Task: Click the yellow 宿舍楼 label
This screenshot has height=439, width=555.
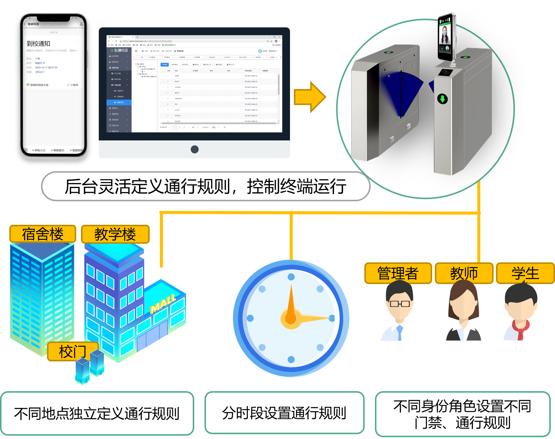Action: [x=42, y=234]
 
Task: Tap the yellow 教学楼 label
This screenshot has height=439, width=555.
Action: [x=115, y=234]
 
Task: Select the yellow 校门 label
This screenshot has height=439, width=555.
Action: [x=73, y=351]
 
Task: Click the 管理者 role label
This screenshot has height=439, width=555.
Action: [x=398, y=273]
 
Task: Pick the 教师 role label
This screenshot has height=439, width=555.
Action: [x=464, y=273]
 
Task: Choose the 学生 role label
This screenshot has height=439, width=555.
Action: [x=525, y=273]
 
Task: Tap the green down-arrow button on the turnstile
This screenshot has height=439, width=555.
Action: [x=442, y=99]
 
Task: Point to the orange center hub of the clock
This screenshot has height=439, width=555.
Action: [x=291, y=318]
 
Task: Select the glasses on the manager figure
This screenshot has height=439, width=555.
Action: [x=400, y=304]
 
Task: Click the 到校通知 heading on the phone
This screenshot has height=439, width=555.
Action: [x=39, y=44]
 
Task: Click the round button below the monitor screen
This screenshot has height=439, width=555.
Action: [x=195, y=149]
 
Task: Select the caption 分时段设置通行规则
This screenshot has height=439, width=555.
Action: [x=284, y=413]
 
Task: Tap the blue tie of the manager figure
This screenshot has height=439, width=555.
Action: [x=400, y=332]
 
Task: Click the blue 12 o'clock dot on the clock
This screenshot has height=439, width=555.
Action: [x=291, y=277]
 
